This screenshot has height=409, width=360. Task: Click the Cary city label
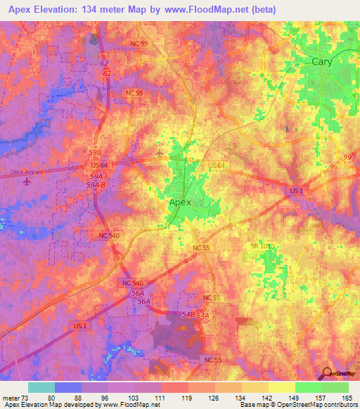pyautogui.click(x=322, y=62)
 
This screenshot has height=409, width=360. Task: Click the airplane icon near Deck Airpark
pyautogui.click(x=27, y=181)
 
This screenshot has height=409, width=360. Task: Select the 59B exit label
pyautogui.click(x=95, y=152)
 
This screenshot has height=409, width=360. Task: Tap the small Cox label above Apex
pyautogui.click(x=158, y=145)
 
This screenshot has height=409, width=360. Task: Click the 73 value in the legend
pyautogui.click(x=27, y=398)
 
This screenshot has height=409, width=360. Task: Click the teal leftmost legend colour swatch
pyautogui.click(x=41, y=387)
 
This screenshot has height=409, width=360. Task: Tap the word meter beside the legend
pyautogui.click(x=11, y=398)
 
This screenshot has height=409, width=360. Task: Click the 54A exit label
pyautogui.click(x=203, y=316)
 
